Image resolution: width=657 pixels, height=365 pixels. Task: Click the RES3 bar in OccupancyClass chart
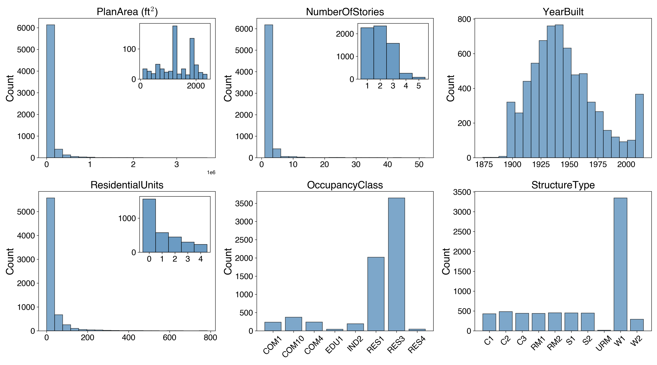[x=396, y=264]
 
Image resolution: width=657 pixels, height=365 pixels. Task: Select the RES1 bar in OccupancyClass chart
[x=376, y=294]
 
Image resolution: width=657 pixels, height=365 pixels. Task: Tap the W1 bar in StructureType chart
[x=620, y=264]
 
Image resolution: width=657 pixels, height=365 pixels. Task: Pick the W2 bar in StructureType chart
[x=637, y=325]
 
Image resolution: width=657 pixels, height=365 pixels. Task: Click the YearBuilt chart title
[x=563, y=12]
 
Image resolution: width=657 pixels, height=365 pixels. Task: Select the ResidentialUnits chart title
[x=127, y=185]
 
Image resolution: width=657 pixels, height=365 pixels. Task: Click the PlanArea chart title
[x=127, y=12]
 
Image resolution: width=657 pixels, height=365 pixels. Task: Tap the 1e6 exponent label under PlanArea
[x=211, y=173]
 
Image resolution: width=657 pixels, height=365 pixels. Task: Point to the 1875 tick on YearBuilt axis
[x=484, y=165]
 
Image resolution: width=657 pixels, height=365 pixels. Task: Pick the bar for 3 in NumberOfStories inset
[x=393, y=61]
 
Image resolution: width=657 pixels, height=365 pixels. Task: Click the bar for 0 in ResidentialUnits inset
[x=149, y=226]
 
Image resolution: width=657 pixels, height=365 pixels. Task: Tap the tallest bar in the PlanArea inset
[x=175, y=52]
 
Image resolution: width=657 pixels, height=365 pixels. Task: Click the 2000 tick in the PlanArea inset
[x=196, y=86]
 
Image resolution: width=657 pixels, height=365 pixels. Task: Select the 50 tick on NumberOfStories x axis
[x=419, y=165]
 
